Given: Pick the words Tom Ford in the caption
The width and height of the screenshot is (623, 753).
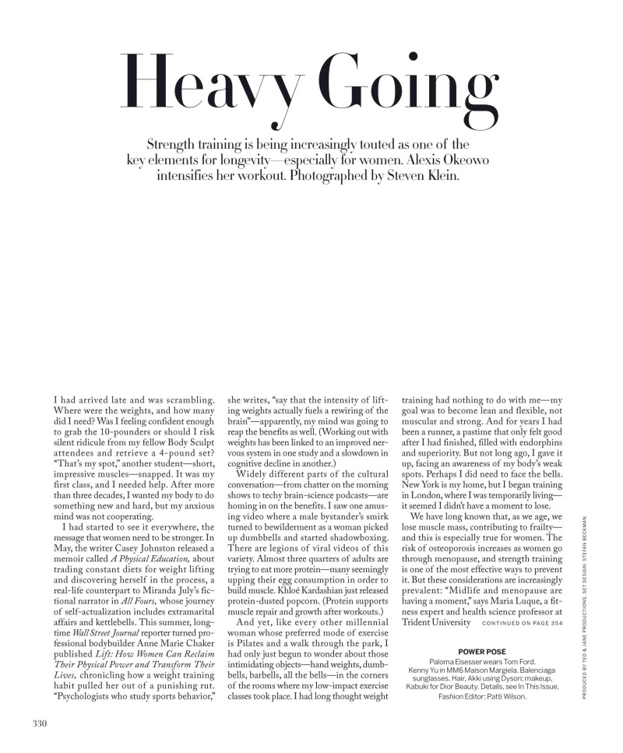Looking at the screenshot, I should tap(513, 660).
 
